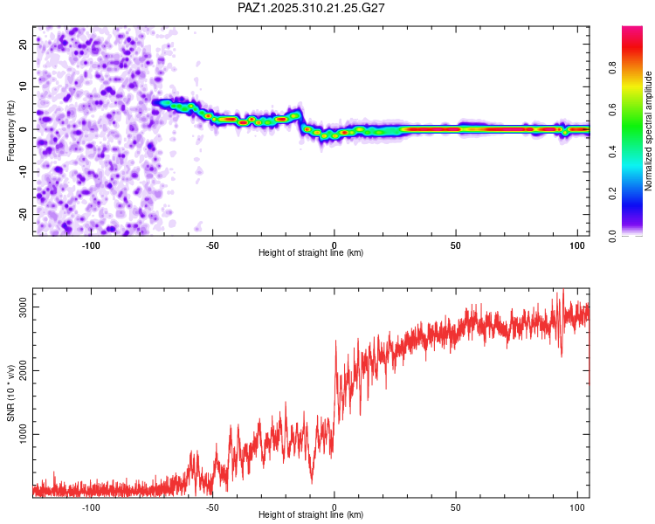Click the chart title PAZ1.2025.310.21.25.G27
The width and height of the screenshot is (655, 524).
click(x=312, y=8)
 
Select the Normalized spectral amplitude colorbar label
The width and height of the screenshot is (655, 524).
click(x=649, y=131)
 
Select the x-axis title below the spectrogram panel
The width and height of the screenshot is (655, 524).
click(x=311, y=253)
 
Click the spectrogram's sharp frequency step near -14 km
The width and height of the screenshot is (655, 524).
click(x=301, y=121)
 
